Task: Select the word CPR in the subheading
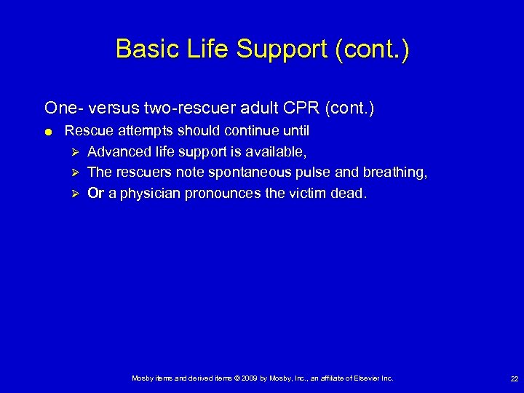pyautogui.click(x=301, y=108)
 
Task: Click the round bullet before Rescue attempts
pyautogui.click(x=47, y=132)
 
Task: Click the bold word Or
pyautogui.click(x=95, y=193)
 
